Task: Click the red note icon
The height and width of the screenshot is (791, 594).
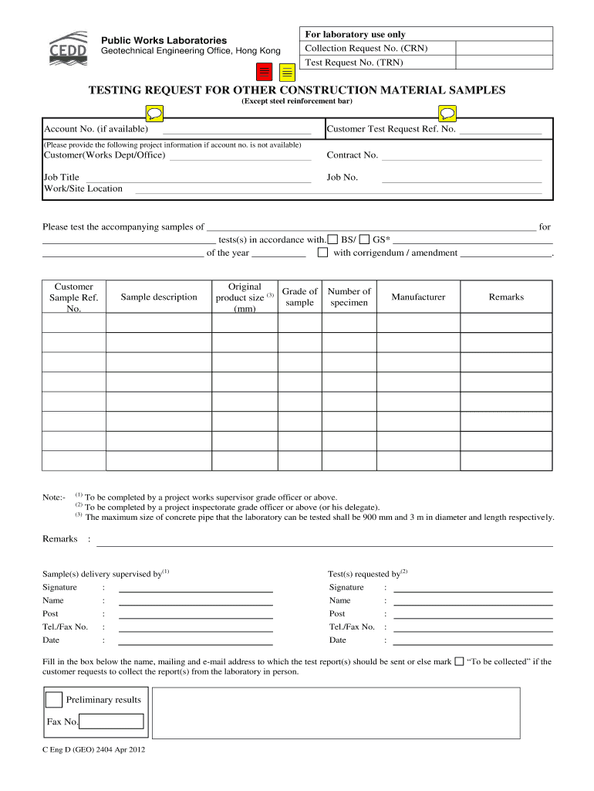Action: tap(265, 73)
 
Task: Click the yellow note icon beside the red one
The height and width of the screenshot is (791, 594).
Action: tap(287, 73)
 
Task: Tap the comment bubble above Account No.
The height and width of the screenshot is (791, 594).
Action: tap(154, 114)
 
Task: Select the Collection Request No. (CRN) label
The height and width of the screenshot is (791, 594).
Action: tap(366, 48)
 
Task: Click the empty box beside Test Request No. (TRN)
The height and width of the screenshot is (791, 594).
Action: tap(504, 62)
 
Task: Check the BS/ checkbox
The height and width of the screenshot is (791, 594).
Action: tap(332, 239)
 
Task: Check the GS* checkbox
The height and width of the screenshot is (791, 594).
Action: tap(364, 239)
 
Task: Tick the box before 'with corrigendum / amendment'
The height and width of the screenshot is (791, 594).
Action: tap(323, 253)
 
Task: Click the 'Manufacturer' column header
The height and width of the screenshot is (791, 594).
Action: tap(418, 297)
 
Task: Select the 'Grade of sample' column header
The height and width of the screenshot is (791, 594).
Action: tap(299, 297)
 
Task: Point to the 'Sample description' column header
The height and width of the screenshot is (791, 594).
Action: tap(159, 297)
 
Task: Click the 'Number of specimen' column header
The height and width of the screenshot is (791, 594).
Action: tap(349, 297)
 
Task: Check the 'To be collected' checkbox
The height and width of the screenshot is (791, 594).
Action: tap(459, 661)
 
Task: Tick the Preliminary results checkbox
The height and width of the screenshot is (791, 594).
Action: tap(54, 700)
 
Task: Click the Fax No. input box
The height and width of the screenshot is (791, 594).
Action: tap(112, 721)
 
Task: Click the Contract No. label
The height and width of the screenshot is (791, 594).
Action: tap(352, 155)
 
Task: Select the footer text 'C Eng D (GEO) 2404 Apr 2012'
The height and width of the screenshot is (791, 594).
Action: tap(93, 750)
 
